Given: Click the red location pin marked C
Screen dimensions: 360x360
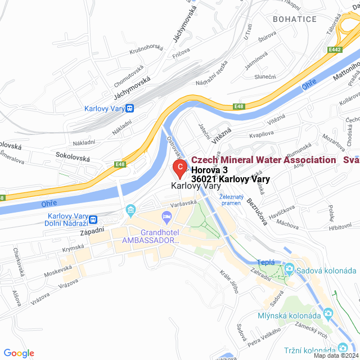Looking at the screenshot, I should (179, 168).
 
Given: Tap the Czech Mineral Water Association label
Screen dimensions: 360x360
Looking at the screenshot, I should (264, 160).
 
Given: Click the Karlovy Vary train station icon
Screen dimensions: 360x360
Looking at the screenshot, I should (130, 109).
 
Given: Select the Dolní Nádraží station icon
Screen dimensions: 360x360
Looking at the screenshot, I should (94, 220).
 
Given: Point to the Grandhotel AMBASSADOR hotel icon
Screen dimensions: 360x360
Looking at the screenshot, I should (166, 217).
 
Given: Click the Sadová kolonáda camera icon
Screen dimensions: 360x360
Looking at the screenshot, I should (289, 268).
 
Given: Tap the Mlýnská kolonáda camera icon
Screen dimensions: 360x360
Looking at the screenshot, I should (328, 313).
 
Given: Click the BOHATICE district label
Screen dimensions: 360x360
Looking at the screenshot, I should (294, 19).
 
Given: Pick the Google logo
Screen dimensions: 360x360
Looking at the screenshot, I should (19, 353).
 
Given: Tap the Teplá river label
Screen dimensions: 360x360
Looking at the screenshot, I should (265, 262).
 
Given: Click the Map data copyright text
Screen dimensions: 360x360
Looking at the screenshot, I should (335, 355).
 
